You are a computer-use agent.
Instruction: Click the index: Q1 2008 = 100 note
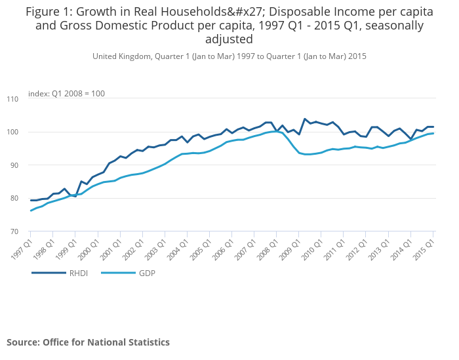[x=66, y=94]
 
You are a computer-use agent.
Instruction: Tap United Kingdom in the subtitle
[x=122, y=56]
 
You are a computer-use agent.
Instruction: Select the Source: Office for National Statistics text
[x=88, y=342]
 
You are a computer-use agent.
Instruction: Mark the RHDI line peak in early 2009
[x=305, y=119]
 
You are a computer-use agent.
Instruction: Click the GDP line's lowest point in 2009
[x=306, y=154]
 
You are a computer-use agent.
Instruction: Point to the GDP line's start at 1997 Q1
[x=30, y=210]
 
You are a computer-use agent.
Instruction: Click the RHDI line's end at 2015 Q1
[x=433, y=127]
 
